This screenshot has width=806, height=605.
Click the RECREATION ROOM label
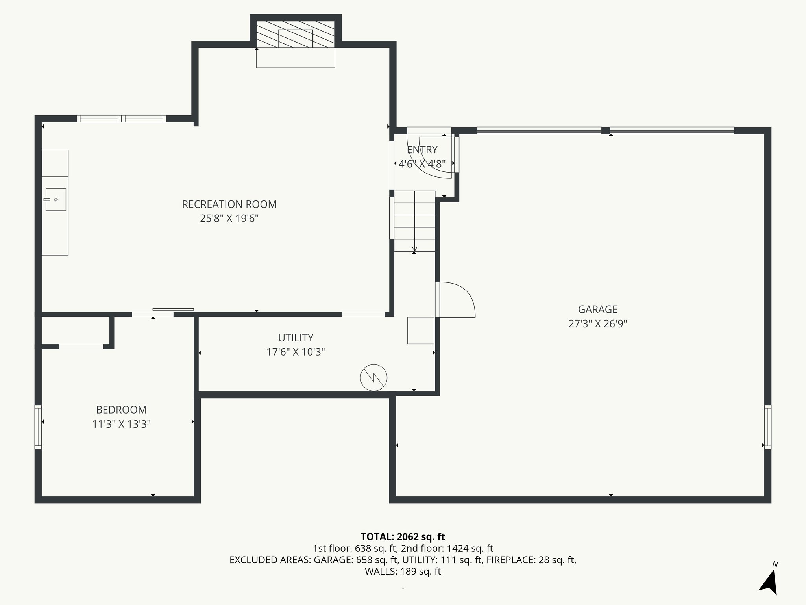pyautogui.click(x=229, y=204)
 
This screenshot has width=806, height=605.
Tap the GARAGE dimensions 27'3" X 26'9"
pyautogui.click(x=597, y=324)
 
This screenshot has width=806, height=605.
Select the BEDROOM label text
pyautogui.click(x=121, y=410)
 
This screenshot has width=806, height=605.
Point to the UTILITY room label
pyautogui.click(x=296, y=338)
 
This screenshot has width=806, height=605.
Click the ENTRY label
pyautogui.click(x=422, y=150)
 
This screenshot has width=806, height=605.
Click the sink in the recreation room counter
pyautogui.click(x=55, y=200)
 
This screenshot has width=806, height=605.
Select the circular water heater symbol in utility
pyautogui.click(x=373, y=378)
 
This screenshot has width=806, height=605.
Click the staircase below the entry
pyautogui.click(x=414, y=221)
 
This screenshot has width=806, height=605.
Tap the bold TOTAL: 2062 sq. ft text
pyautogui.click(x=403, y=537)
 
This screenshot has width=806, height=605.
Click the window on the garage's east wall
pyautogui.click(x=767, y=427)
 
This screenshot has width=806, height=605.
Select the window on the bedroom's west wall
pyautogui.click(x=38, y=427)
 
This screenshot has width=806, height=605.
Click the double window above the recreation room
pyautogui.click(x=122, y=119)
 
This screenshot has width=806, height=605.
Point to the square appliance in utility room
pyautogui.click(x=421, y=330)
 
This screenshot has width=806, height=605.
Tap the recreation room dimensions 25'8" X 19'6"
pyautogui.click(x=229, y=219)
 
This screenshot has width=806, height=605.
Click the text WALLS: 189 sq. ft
pyautogui.click(x=403, y=572)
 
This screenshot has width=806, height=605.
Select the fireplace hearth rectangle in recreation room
pyautogui.click(x=296, y=58)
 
